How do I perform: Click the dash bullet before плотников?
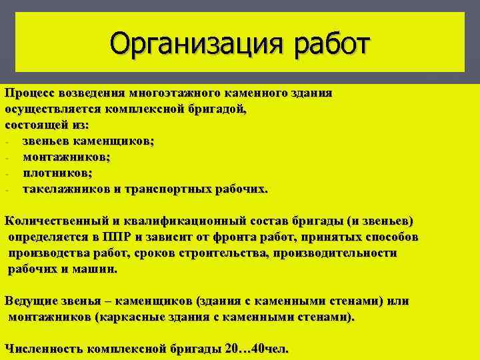point(5,173)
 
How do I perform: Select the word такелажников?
point(67,189)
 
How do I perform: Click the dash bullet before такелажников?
point(5,189)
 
